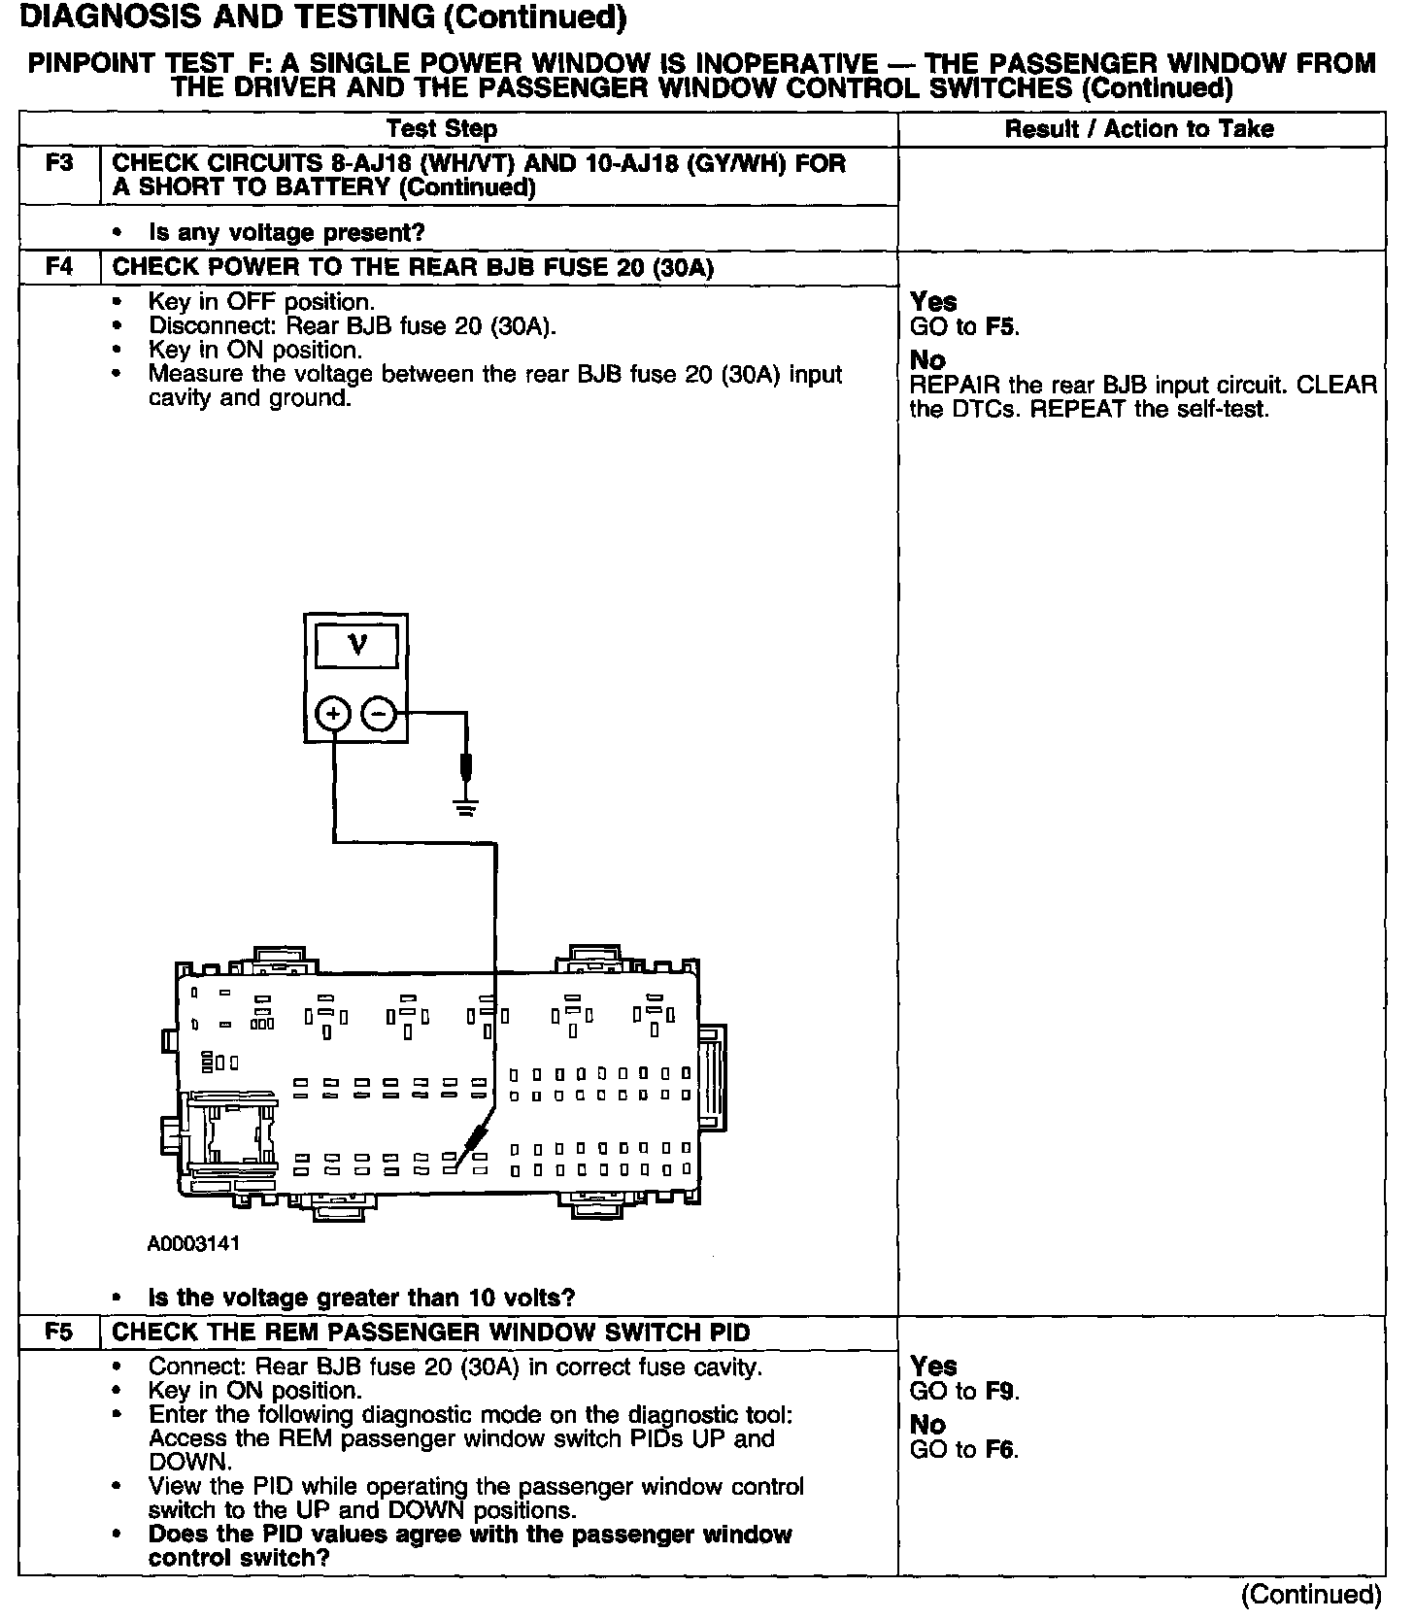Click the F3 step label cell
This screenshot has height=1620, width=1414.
[59, 162]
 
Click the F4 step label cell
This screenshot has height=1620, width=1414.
[59, 266]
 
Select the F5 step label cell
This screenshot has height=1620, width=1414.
[59, 1332]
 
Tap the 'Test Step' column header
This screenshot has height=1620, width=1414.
[442, 129]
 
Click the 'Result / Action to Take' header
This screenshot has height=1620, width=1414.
[1139, 129]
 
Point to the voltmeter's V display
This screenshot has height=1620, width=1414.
[356, 645]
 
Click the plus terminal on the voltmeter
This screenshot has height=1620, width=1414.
[333, 715]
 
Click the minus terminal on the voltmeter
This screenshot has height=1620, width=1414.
[378, 715]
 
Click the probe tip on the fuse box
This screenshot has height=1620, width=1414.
[456, 1164]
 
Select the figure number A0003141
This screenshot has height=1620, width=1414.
[193, 1244]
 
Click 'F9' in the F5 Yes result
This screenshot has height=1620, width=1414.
[1000, 1392]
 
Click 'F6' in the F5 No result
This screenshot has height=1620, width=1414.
[1000, 1450]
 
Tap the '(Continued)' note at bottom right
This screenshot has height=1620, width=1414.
[1310, 1595]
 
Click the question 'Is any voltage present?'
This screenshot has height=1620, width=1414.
[286, 233]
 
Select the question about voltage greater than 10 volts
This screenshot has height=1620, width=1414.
[361, 1298]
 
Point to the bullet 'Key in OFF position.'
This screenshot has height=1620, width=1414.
[261, 302]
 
